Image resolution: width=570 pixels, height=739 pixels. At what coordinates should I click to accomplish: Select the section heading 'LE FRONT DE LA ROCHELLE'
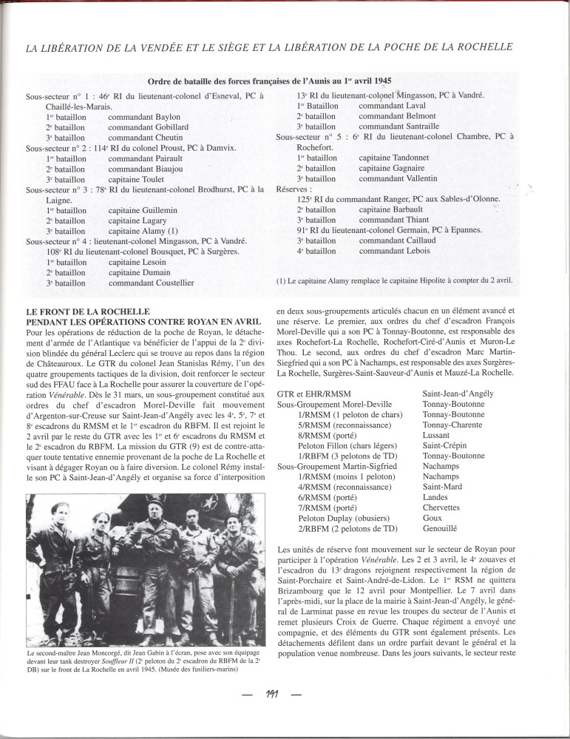click(87, 311)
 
